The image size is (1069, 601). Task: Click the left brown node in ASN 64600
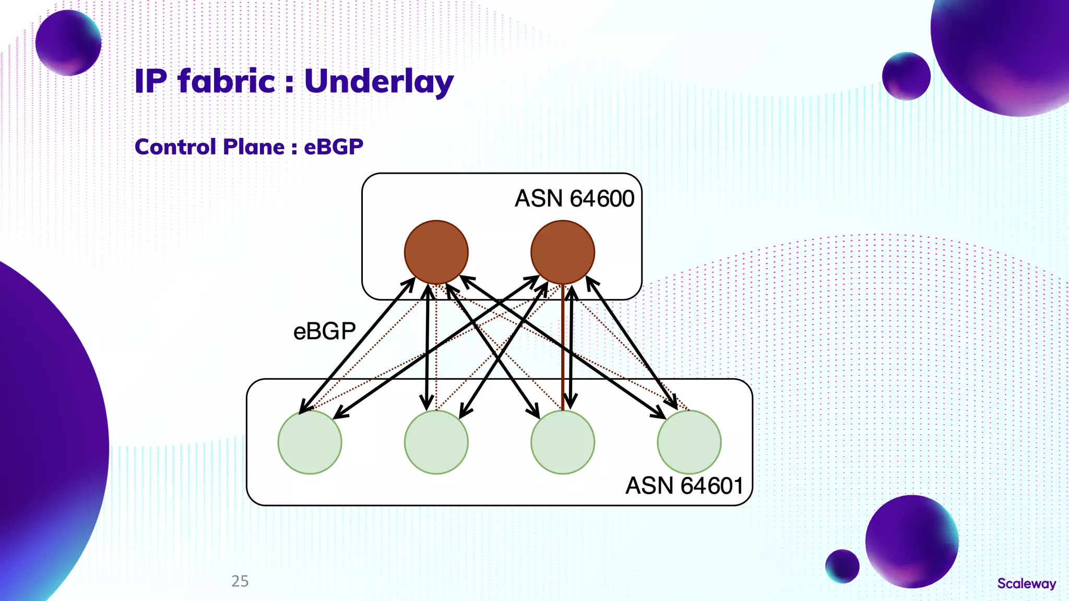(436, 252)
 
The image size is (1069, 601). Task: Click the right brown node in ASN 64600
(563, 252)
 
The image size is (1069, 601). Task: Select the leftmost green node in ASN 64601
(310, 442)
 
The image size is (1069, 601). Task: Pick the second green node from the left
(436, 442)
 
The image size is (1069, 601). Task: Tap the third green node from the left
(563, 442)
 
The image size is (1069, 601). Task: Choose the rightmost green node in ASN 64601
(689, 442)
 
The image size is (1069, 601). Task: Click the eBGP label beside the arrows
(324, 331)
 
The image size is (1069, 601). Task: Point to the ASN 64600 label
(574, 199)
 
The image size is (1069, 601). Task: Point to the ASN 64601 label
(684, 486)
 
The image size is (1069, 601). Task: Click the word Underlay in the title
(379, 82)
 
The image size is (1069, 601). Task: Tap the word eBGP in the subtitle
(334, 147)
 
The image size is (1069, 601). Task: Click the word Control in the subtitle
(175, 147)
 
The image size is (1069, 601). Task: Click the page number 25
(240, 581)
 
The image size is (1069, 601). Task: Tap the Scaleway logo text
(1026, 583)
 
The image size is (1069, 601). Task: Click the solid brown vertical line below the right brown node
(563, 355)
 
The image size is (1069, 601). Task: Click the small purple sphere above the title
(68, 43)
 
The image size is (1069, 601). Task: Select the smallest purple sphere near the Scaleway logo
(842, 566)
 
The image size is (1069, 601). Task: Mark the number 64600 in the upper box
(602, 199)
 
